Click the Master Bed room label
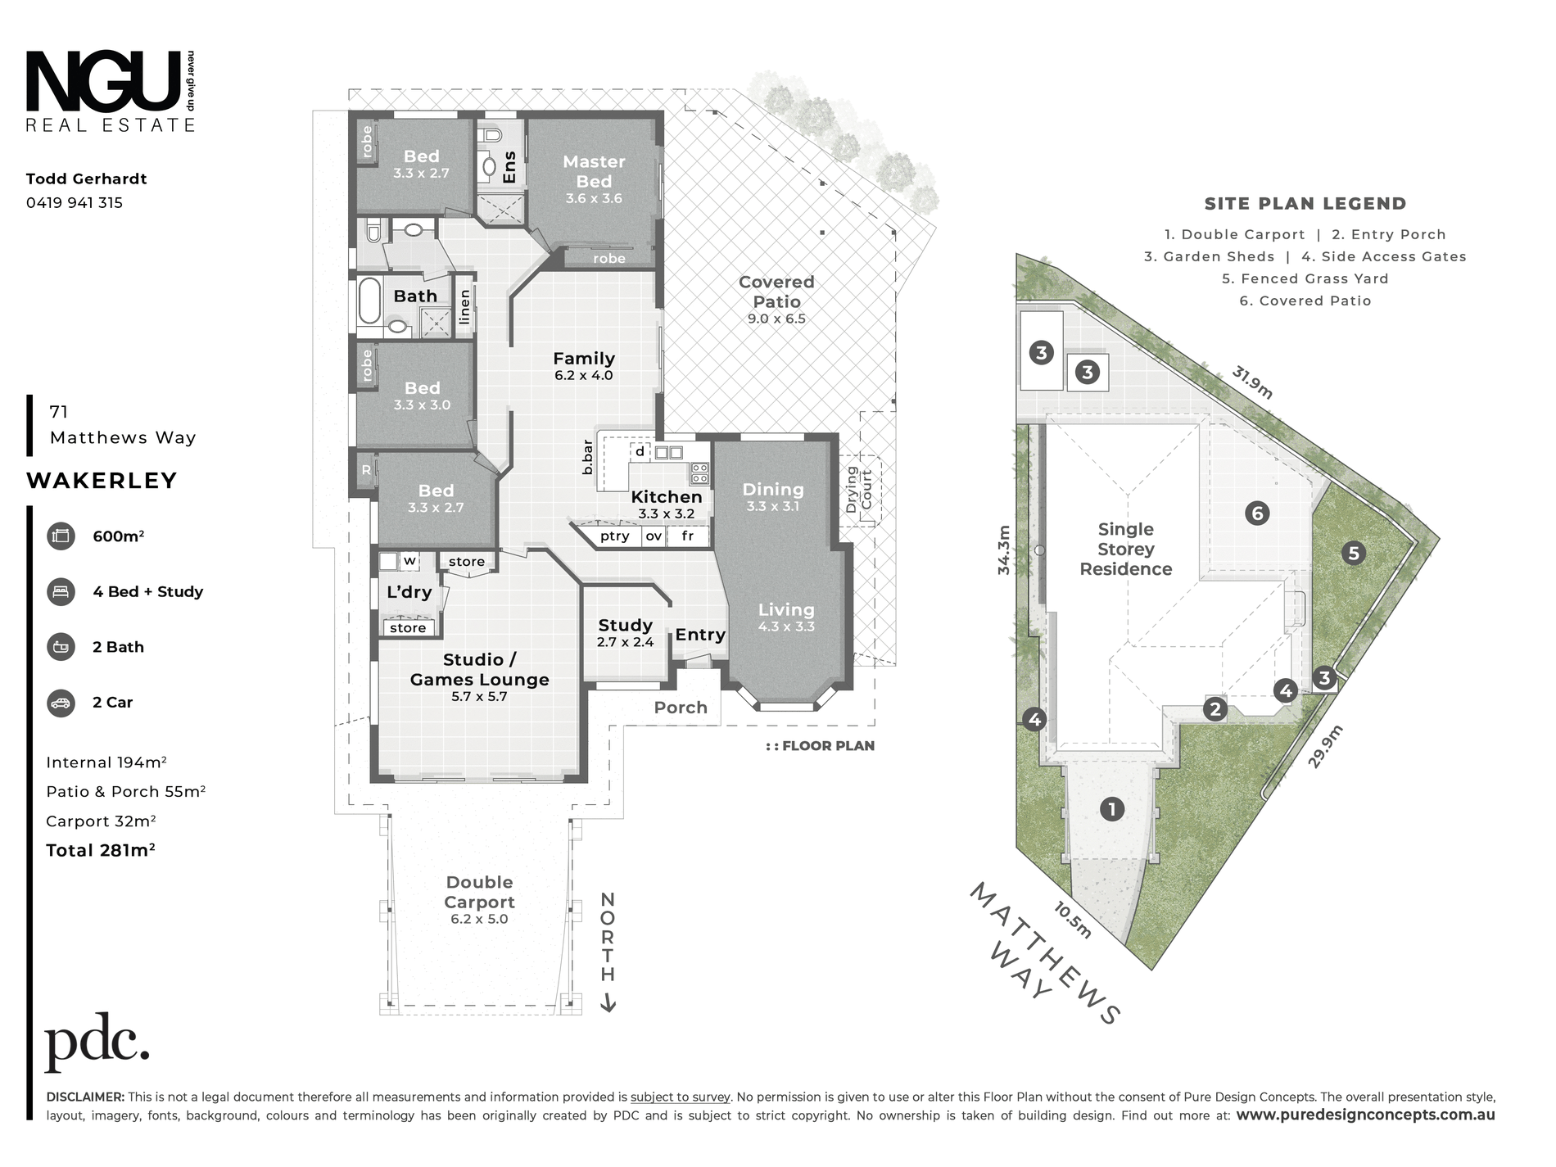594,172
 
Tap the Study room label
625,626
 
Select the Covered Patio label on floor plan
776,292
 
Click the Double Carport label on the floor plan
479,892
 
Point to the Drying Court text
859,489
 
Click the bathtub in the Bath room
369,301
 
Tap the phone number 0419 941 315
75,203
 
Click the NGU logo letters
103,80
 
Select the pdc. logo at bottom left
97,1047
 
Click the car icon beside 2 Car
61,703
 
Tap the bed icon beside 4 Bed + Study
61,592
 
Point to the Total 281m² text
101,850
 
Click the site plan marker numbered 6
1257,513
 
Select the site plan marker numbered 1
1111,809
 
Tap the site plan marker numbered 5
1353,554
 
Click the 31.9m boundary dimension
1253,382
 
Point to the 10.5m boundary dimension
1072,920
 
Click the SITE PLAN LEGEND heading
1305,204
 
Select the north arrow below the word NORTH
608,1002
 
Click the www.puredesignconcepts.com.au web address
1365,1115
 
